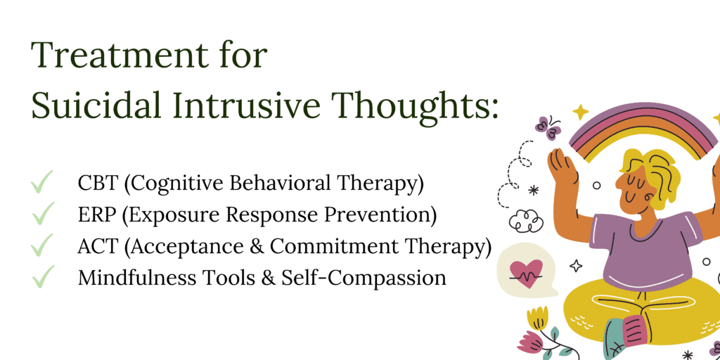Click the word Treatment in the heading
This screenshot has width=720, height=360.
(x=117, y=56)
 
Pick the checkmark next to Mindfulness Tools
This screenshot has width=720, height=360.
(x=43, y=277)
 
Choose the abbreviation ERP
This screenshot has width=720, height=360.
(x=97, y=215)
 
